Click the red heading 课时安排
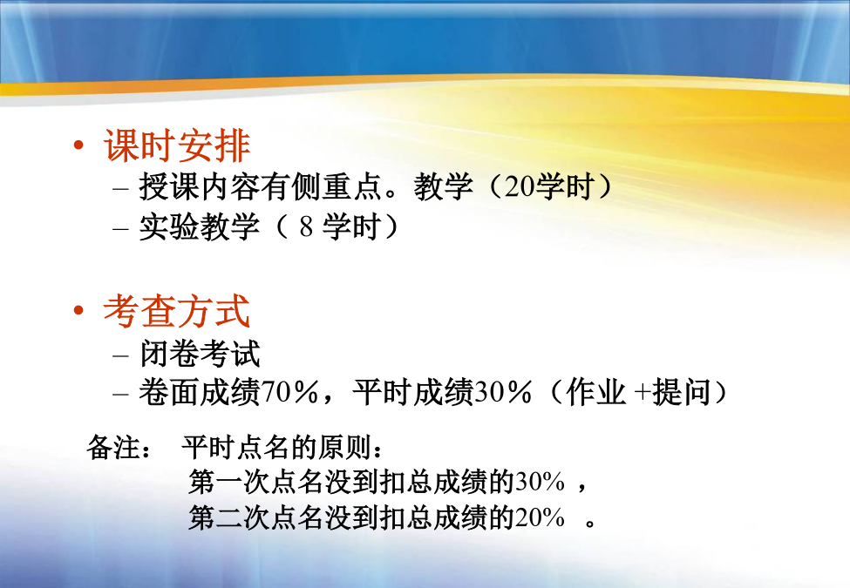pyautogui.click(x=177, y=145)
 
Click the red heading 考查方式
pyautogui.click(x=177, y=311)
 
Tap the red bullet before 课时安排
pyautogui.click(x=79, y=145)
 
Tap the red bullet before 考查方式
pyautogui.click(x=79, y=311)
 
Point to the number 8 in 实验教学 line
pyautogui.click(x=307, y=226)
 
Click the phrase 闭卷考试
pyautogui.click(x=200, y=354)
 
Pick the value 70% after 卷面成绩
pyautogui.click(x=290, y=393)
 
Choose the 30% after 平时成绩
pyautogui.click(x=503, y=393)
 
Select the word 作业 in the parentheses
pyautogui.click(x=595, y=393)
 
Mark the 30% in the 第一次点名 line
pyautogui.click(x=540, y=482)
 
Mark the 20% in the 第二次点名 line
pyautogui.click(x=540, y=518)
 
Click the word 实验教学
pyautogui.click(x=200, y=226)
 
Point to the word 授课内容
pyautogui.click(x=200, y=186)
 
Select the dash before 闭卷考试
pyautogui.click(x=121, y=355)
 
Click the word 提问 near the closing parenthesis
pyautogui.click(x=682, y=393)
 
